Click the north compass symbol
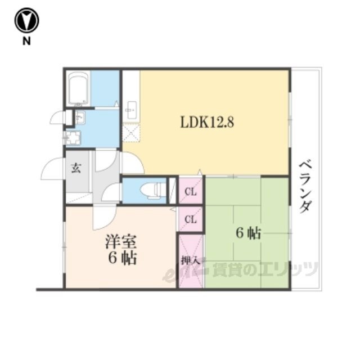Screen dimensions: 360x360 click(x=26, y=20)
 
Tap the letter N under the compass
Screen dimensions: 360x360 click(x=26, y=41)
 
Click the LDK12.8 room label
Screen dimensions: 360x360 click(x=207, y=121)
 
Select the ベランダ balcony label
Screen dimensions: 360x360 click(x=305, y=187)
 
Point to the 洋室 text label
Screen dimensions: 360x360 click(x=121, y=241)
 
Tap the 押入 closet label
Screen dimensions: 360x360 click(x=190, y=261)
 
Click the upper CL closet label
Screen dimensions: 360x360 click(x=191, y=192)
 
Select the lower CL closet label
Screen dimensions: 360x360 click(x=191, y=220)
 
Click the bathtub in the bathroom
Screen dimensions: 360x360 click(x=79, y=88)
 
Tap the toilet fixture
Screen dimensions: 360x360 click(x=152, y=190)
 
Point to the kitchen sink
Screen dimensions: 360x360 click(x=131, y=110)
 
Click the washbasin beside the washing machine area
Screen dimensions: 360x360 click(x=80, y=117)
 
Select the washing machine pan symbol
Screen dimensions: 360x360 click(x=73, y=138)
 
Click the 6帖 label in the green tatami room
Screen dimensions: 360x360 click(x=249, y=234)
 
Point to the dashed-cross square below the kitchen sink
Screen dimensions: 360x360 click(x=131, y=132)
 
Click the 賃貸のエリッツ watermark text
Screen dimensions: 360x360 click(x=265, y=269)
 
